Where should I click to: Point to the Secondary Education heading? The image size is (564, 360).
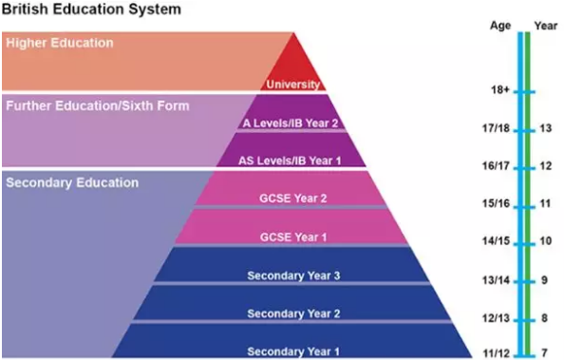click(72, 182)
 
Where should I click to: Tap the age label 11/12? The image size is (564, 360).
click(498, 353)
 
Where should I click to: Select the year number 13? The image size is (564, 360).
click(546, 128)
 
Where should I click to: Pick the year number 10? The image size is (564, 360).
click(546, 241)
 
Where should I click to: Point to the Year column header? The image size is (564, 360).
click(545, 26)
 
